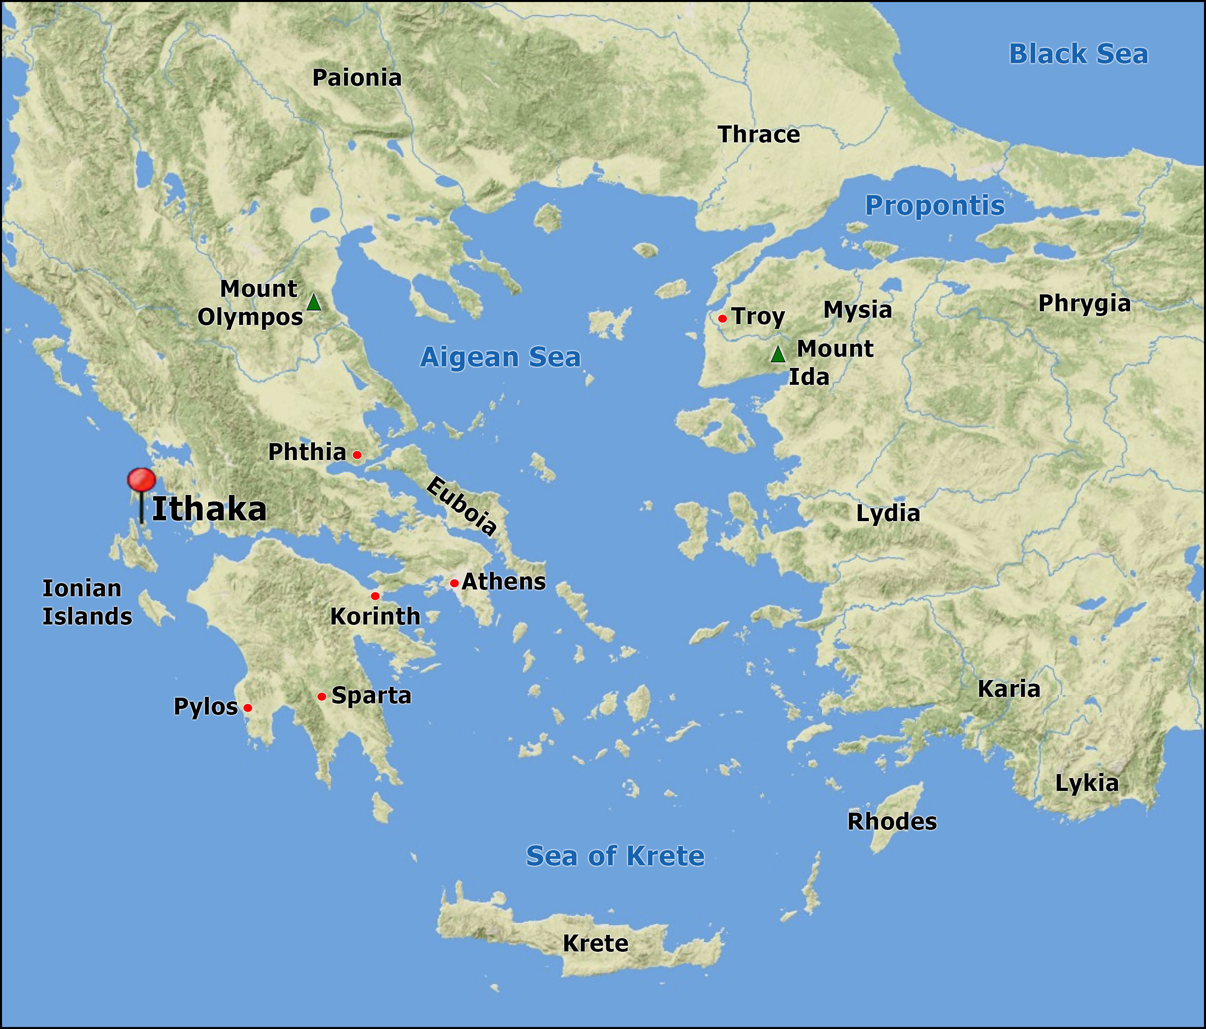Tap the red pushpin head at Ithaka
tap(142, 480)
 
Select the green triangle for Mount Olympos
tap(314, 303)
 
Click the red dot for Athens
tap(454, 583)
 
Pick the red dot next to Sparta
tap(321, 696)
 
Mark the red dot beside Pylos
tap(248, 708)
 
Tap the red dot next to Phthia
tap(357, 455)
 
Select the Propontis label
tap(935, 205)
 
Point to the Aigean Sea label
tap(500, 357)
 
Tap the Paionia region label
tap(357, 78)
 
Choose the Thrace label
tap(759, 135)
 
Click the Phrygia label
tap(1084, 304)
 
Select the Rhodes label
tap(892, 822)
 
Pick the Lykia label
tap(1087, 783)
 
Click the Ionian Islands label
tap(87, 602)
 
